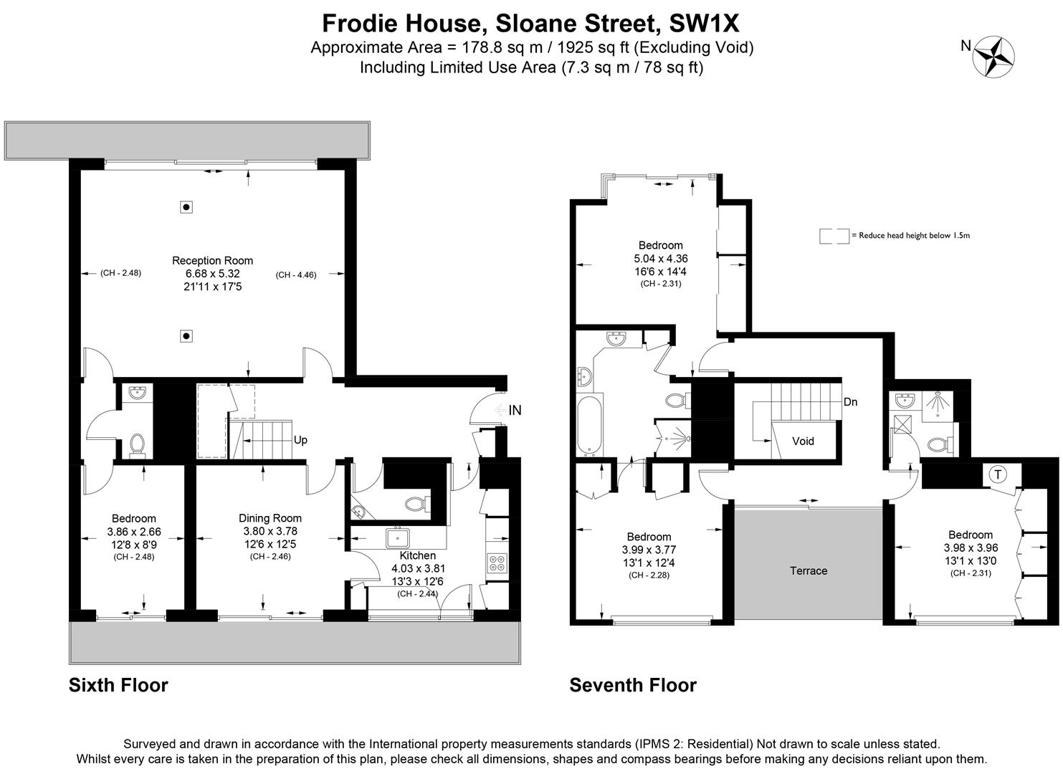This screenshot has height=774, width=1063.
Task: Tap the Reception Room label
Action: [x=212, y=261]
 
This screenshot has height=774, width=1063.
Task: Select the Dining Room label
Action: [x=270, y=518]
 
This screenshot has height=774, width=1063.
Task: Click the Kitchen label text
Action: [x=417, y=555]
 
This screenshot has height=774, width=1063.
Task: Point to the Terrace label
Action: [x=809, y=571]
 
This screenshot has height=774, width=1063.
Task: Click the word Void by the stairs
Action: [x=803, y=441]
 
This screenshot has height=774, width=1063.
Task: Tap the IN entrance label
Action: [x=515, y=411]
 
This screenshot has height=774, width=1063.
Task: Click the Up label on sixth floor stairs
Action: [x=300, y=440]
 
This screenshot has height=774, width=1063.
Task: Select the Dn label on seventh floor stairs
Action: [x=850, y=402]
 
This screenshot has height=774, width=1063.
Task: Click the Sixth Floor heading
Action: [x=118, y=685]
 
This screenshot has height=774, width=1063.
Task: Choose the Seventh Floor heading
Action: [x=633, y=685]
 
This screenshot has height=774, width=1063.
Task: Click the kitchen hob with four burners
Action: [x=496, y=563]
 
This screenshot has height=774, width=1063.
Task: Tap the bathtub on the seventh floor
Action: [x=590, y=424]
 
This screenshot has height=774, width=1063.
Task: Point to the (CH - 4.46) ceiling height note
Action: [x=296, y=274]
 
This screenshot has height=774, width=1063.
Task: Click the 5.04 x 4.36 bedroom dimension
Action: [x=660, y=259]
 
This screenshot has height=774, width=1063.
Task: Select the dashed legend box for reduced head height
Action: [x=834, y=236]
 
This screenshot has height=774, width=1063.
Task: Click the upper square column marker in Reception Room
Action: [x=186, y=207]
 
